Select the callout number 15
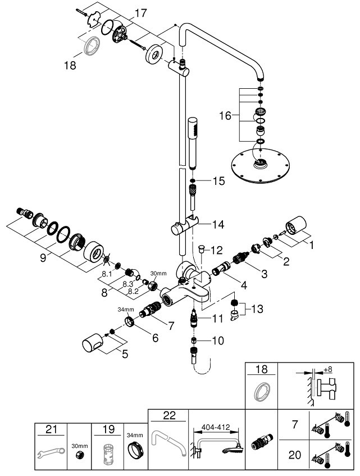coord(219,181)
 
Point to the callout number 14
coord(218,224)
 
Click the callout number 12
coord(217,248)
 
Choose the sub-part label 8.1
coord(107,275)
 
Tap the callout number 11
coord(218,319)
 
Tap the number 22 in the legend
coord(168,416)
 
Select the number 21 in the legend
coord(51,429)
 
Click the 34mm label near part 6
coord(126,309)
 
